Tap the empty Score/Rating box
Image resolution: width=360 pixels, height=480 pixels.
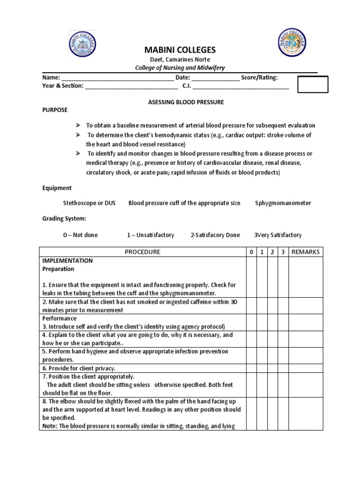click(x=313, y=84)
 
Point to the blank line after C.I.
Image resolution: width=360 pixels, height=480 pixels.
click(x=241, y=87)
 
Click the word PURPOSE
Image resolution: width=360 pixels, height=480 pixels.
click(x=55, y=110)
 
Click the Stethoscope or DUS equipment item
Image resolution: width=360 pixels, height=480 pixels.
click(x=89, y=203)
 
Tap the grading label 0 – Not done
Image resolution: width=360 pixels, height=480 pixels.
click(x=80, y=235)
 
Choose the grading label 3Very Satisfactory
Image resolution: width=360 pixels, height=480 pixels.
click(x=277, y=235)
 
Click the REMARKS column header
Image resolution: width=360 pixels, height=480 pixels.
click(x=305, y=252)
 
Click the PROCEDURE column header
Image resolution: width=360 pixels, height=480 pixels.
click(x=142, y=252)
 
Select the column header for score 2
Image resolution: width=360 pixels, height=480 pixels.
click(x=272, y=252)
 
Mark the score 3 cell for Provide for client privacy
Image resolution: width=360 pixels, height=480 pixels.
click(x=283, y=368)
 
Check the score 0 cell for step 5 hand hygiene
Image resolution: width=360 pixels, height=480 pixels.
click(x=252, y=355)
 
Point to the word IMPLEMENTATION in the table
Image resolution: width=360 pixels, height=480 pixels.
click(x=67, y=261)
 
